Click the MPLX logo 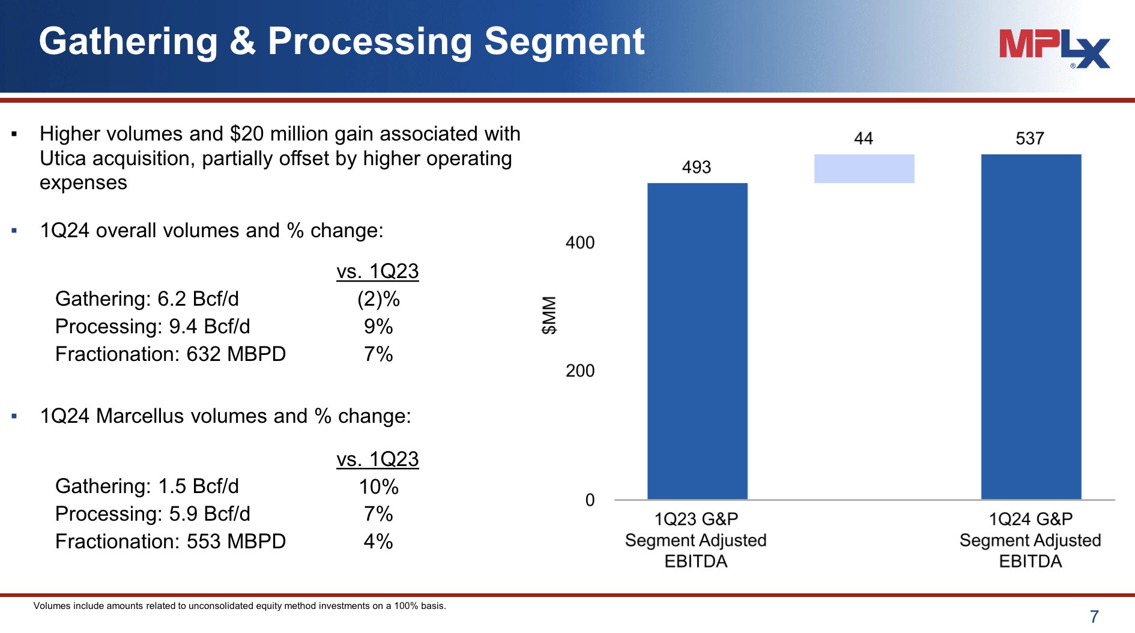point(1054,48)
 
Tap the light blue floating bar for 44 point(864,169)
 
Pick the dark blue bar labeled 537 point(1031,327)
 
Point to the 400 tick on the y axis point(580,243)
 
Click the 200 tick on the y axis point(580,371)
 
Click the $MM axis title point(549,315)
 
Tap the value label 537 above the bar point(1029,139)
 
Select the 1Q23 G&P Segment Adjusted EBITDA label point(695,540)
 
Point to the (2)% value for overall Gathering point(378,299)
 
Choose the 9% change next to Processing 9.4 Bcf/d point(378,327)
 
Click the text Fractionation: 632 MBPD point(171,354)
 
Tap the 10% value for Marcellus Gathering point(378,486)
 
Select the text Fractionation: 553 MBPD point(171,542)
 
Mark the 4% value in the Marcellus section point(378,542)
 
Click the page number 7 point(1094,616)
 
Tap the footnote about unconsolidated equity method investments point(240,606)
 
